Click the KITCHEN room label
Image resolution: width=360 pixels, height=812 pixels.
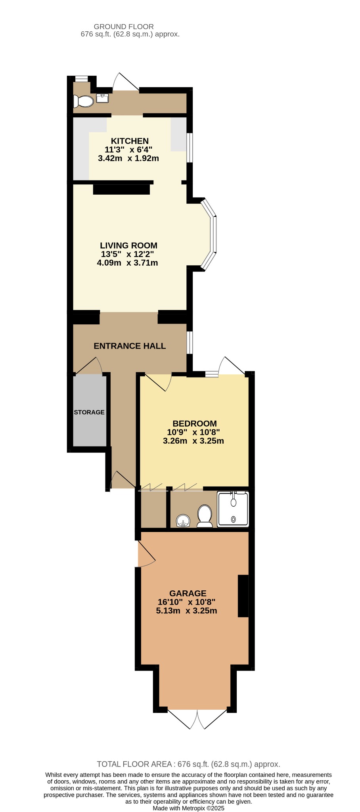(130, 141)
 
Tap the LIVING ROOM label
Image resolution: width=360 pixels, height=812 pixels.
(128, 245)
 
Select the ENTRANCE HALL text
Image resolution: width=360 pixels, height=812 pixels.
(130, 346)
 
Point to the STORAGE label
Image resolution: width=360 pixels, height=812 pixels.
(89, 412)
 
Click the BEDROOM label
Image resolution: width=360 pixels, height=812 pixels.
(195, 423)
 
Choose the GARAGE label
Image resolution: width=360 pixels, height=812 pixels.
(188, 593)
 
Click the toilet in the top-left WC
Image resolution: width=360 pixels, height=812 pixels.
(83, 101)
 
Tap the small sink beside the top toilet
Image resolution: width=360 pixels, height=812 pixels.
(102, 98)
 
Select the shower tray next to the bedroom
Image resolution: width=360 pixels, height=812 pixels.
(233, 509)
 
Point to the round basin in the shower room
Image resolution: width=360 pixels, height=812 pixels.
(183, 521)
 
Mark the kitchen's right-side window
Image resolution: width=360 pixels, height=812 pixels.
(190, 147)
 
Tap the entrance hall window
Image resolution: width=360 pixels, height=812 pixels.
(190, 343)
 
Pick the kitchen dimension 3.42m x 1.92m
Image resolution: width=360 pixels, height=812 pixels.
(128, 158)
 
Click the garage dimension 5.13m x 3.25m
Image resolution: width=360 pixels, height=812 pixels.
(186, 611)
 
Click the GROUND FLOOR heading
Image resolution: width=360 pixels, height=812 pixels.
(124, 27)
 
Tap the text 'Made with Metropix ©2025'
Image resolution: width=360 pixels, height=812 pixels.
(189, 808)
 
